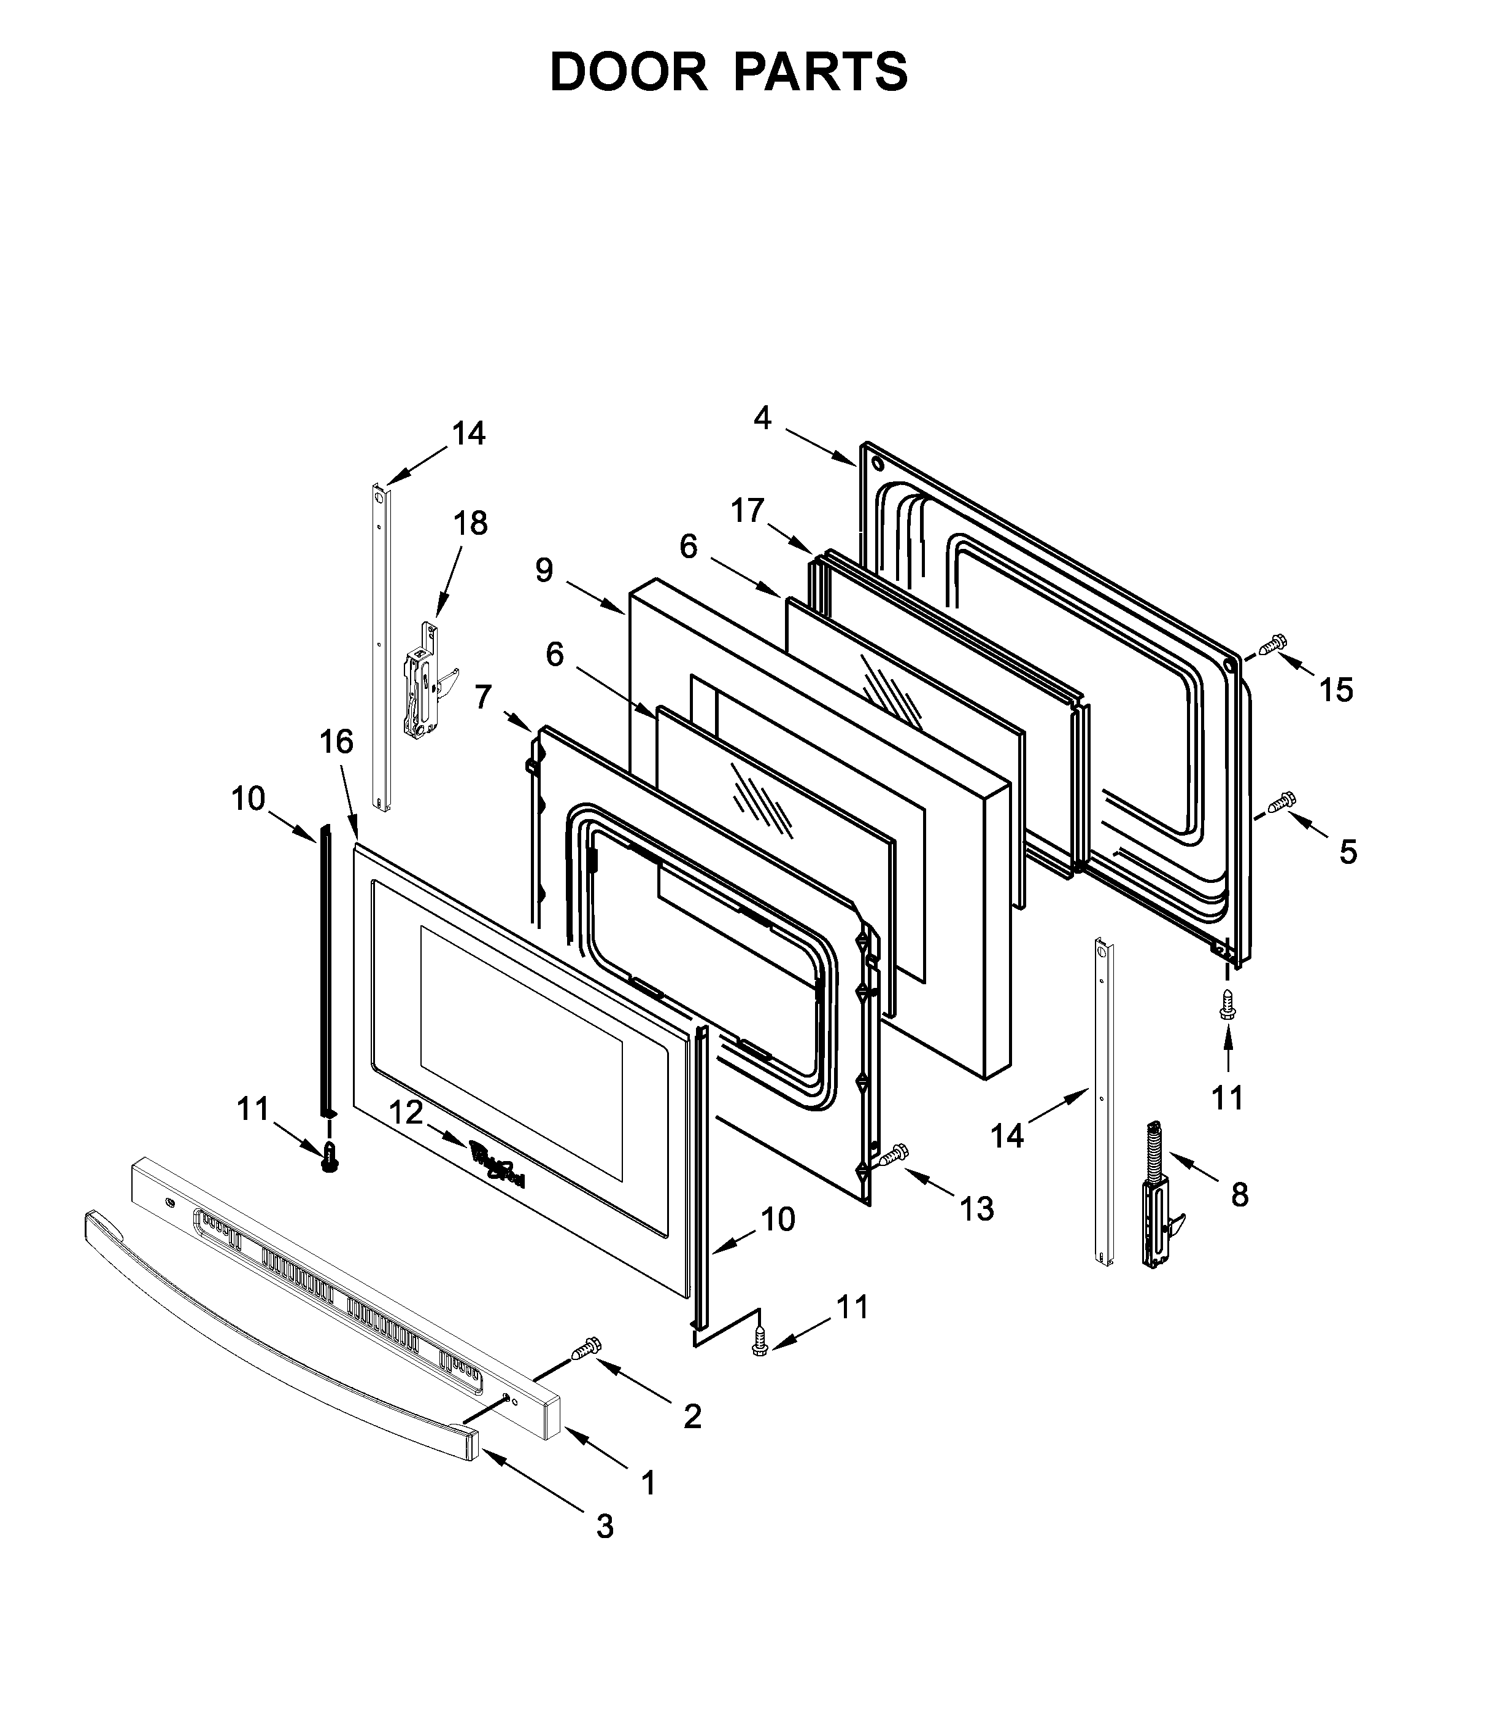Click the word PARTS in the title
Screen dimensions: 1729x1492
821,72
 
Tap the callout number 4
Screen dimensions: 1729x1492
762,418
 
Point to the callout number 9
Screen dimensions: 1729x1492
544,571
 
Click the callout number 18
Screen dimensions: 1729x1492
470,523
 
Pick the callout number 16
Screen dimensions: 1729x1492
337,741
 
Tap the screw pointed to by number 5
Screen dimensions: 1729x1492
1280,802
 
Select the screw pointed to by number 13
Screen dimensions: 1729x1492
892,1156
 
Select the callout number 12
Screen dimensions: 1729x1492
406,1113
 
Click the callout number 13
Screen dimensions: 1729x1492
976,1208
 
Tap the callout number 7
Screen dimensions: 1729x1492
483,696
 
